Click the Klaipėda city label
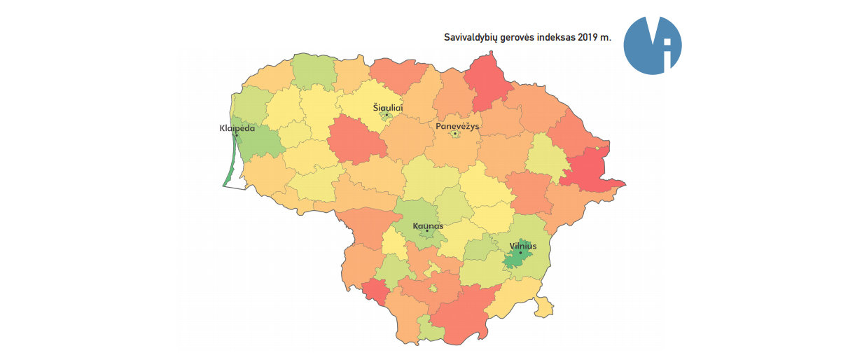point(237,129)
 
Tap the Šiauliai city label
point(387,107)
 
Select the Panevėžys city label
point(457,126)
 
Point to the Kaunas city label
point(428,226)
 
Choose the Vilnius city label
point(523,246)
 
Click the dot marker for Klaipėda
point(237,135)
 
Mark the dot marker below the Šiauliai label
point(387,114)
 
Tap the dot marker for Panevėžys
point(455,133)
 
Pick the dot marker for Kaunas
point(426,232)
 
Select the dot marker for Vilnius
point(520,253)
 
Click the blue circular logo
point(652,45)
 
